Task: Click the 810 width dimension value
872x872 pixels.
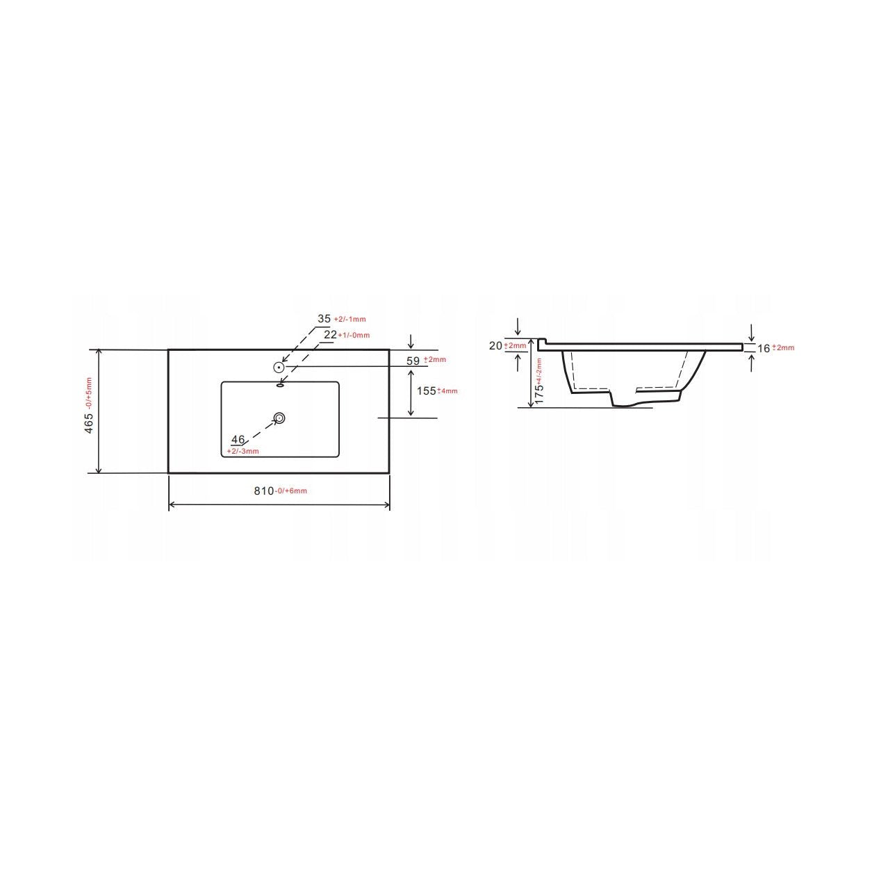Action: coord(263,491)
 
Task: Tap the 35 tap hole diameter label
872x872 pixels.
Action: coord(324,319)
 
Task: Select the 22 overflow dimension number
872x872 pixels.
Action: coord(331,335)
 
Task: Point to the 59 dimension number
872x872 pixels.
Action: coord(413,361)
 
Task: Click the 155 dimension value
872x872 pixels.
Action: coord(425,390)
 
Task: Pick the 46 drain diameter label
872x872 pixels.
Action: coord(238,440)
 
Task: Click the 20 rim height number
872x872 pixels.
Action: coord(495,346)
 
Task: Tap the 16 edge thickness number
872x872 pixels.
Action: coord(764,348)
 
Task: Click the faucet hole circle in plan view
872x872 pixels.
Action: coord(279,367)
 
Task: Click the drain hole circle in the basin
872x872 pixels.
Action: coord(279,418)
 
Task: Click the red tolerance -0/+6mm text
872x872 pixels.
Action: coord(290,492)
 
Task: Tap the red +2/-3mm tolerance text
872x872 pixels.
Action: coord(242,452)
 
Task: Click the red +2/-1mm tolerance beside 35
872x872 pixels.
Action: coord(349,320)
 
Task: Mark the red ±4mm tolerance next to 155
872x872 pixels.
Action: coord(447,391)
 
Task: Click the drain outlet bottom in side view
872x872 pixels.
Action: coord(622,406)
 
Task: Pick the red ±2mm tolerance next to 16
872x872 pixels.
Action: coord(783,348)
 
